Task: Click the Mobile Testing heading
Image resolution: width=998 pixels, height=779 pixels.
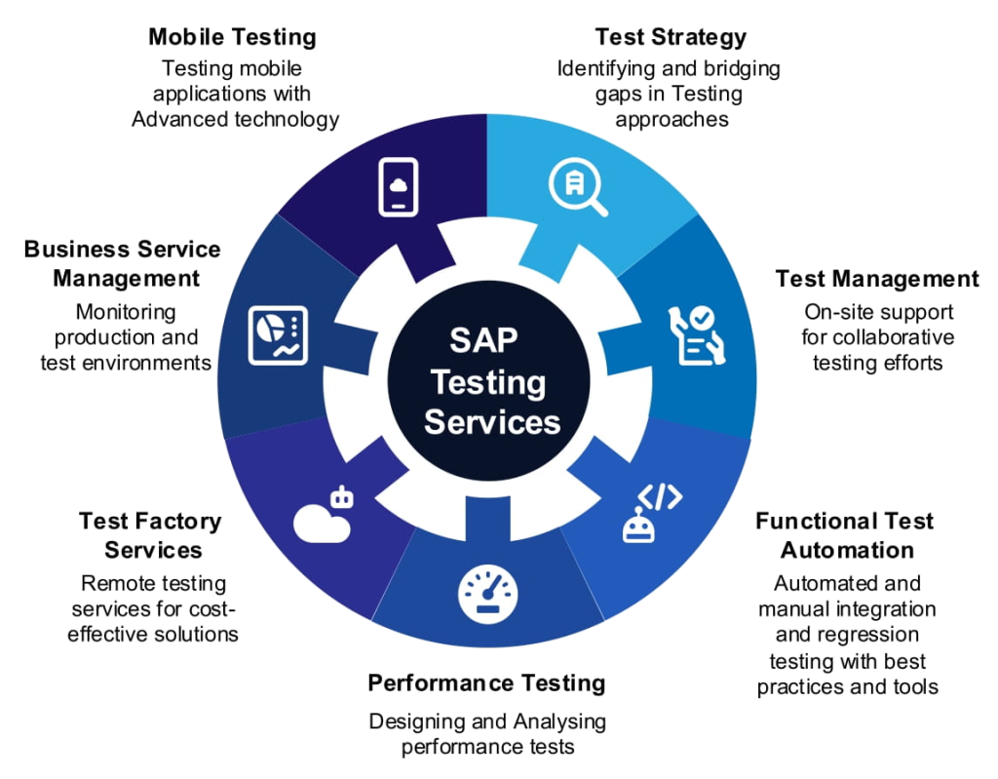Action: click(232, 38)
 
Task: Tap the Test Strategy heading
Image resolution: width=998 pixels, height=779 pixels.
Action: click(671, 38)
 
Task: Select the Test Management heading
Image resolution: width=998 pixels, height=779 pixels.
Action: click(877, 279)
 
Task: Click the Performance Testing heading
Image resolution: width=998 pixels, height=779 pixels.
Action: click(486, 682)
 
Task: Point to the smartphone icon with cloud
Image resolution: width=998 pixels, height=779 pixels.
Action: click(398, 186)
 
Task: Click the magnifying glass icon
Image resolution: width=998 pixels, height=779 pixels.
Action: click(578, 186)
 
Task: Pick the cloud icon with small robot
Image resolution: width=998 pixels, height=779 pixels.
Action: click(323, 514)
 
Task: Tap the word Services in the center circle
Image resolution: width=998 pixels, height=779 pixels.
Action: click(492, 423)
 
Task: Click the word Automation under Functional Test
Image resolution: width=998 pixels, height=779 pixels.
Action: click(847, 550)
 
